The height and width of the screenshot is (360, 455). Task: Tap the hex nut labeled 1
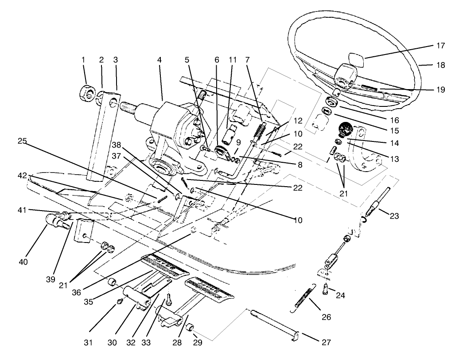coord(86,93)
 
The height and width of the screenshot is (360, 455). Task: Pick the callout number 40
coord(23,262)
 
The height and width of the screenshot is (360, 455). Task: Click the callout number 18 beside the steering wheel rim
coord(440,65)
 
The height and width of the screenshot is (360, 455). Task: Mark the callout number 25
coord(23,142)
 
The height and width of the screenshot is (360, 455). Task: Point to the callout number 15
coord(395,131)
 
